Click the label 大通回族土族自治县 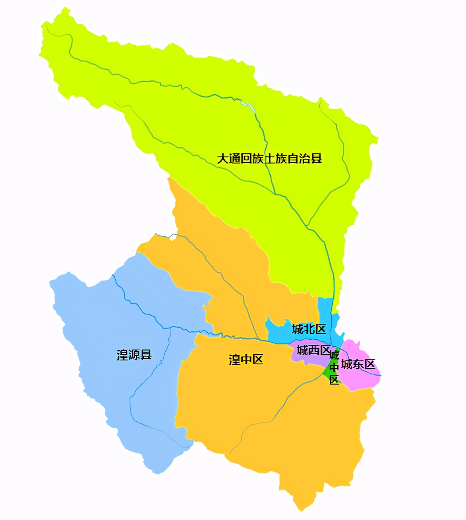270,159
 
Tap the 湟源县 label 134,355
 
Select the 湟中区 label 246,360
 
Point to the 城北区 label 309,329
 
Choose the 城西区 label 314,350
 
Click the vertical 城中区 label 334,367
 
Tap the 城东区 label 358,364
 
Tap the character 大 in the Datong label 222,159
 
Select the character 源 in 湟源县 134,355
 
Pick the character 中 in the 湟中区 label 246,360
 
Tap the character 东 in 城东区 358,364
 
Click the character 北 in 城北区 309,329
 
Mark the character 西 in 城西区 314,350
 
